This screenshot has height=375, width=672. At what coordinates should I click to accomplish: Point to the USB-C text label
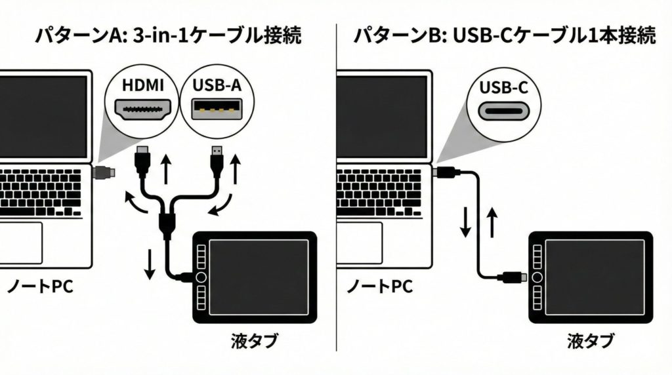pos(503,87)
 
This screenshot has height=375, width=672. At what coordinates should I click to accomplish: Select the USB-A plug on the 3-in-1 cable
pos(218,159)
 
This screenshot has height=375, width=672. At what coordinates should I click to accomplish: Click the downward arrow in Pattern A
pos(150,263)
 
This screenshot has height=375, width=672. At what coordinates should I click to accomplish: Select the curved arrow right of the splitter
pos(220,203)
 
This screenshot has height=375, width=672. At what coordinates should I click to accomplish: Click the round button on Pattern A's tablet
pos(201,277)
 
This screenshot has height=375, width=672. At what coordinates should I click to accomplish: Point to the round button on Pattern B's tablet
pos(537,277)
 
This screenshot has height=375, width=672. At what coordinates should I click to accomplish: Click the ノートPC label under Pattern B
pos(379,286)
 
